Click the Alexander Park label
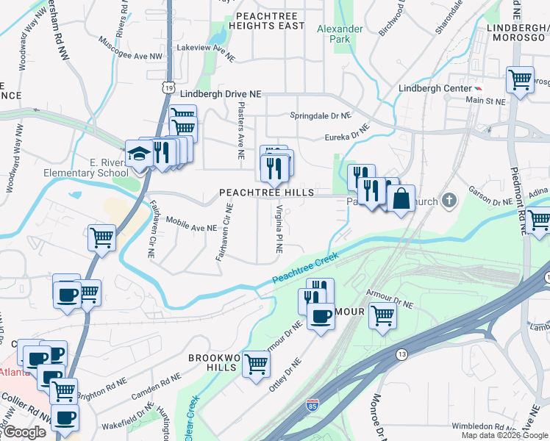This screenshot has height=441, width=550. (x=340, y=35)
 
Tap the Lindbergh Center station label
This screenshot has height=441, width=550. (x=434, y=88)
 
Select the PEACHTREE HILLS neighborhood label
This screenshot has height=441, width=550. (x=267, y=193)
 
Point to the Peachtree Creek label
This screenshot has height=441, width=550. (x=304, y=269)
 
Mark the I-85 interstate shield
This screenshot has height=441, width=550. (x=312, y=404)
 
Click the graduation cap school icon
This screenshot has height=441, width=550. (x=139, y=154)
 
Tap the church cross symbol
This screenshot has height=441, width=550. (x=451, y=201)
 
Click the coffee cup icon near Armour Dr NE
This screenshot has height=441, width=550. (x=320, y=317)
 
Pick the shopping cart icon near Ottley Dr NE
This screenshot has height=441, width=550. (x=257, y=364)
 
